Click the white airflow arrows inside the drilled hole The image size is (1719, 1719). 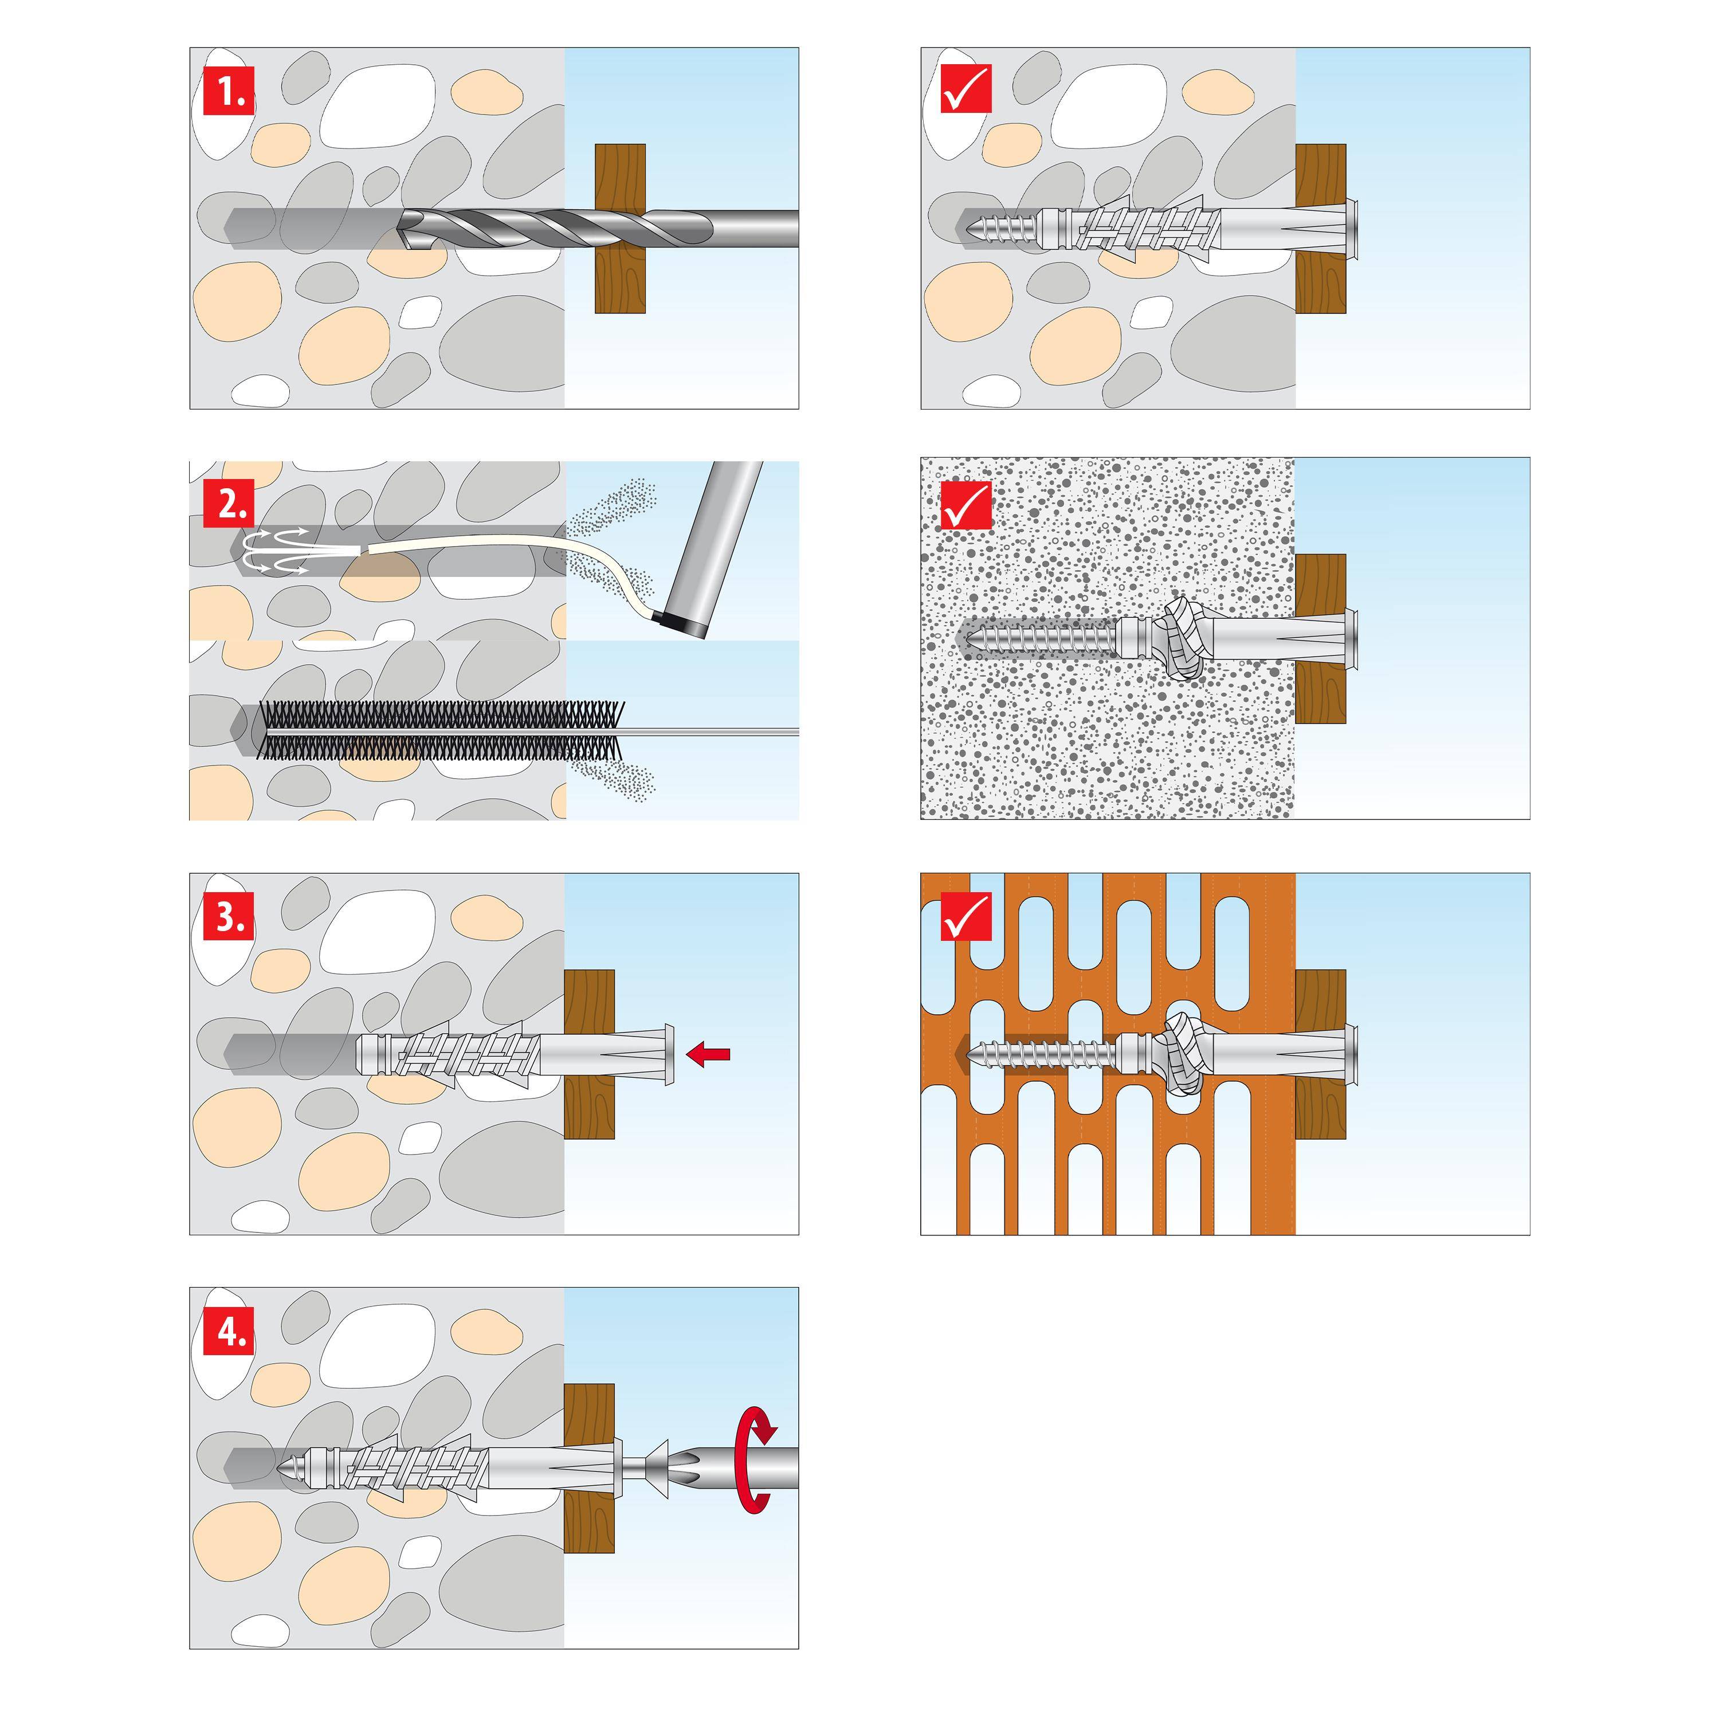(x=276, y=551)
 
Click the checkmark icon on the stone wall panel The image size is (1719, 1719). (x=966, y=91)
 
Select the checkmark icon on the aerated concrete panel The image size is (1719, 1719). (x=966, y=505)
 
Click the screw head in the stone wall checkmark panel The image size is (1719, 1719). (x=1352, y=229)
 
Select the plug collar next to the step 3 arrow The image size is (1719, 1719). (x=665, y=1055)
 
